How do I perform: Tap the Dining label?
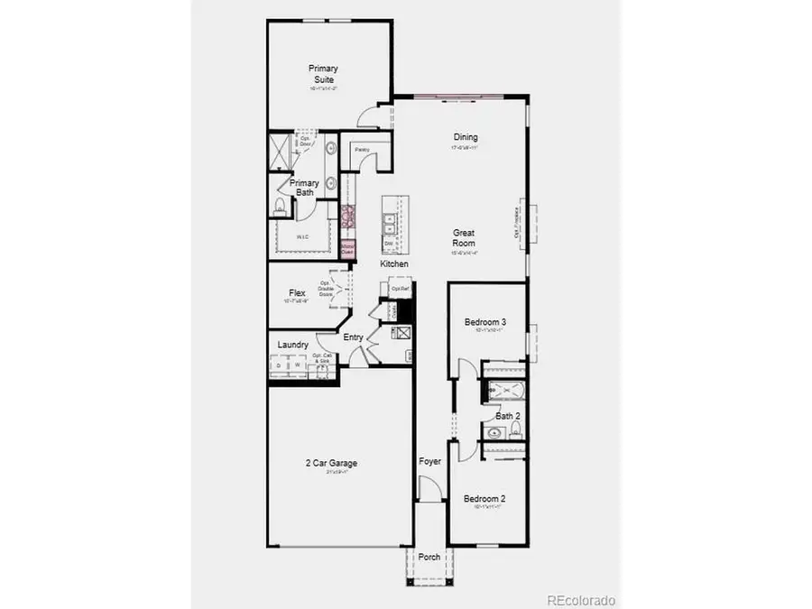(466, 138)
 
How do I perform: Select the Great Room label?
(464, 238)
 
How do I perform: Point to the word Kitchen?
(394, 263)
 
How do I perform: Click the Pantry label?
(362, 150)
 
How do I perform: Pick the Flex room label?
(297, 293)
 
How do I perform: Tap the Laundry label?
(294, 345)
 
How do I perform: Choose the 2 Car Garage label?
(330, 464)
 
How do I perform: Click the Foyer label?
(430, 462)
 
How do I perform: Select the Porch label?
(430, 557)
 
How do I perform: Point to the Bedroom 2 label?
(484, 499)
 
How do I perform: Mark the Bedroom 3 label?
(485, 322)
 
